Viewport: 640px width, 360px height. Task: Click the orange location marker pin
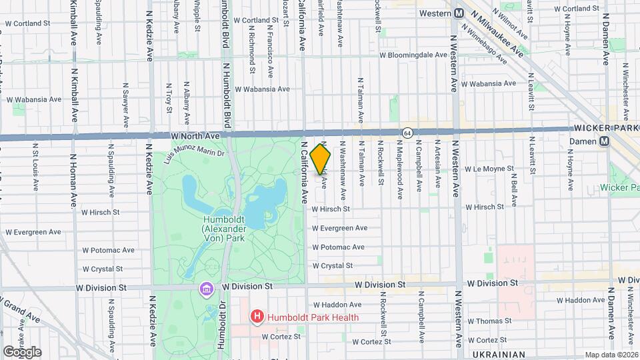[x=321, y=159]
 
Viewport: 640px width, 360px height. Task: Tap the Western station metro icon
[x=459, y=13]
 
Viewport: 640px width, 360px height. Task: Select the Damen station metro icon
[x=604, y=141]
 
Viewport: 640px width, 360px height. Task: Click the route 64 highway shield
[x=406, y=133]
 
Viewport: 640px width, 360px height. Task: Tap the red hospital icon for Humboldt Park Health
[x=255, y=317]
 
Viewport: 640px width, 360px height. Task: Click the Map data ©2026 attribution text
[x=611, y=355]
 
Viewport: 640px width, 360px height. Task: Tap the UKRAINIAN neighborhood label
[x=497, y=355]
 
